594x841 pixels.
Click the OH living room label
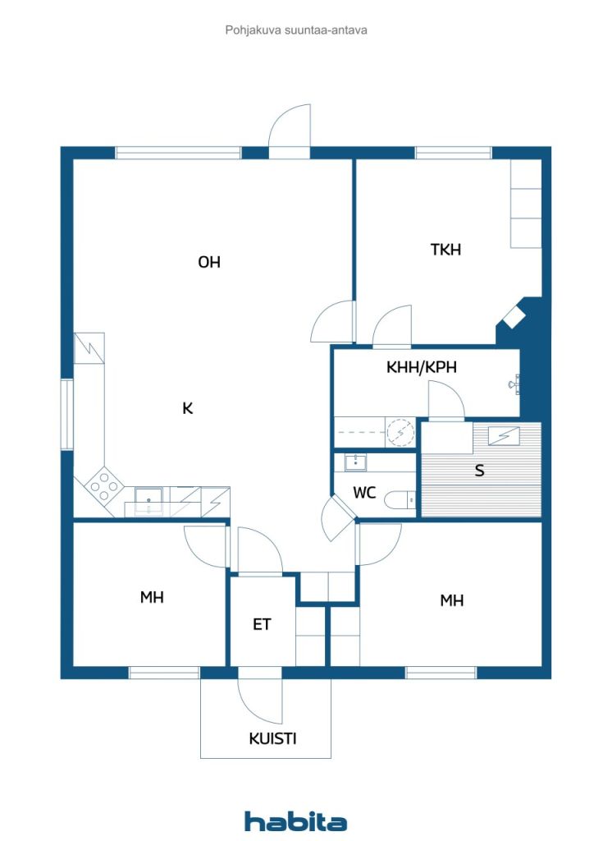(x=209, y=262)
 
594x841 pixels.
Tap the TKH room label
(x=445, y=250)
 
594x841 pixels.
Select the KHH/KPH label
(x=422, y=367)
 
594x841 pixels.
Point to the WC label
(x=364, y=493)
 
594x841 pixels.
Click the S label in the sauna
(x=479, y=471)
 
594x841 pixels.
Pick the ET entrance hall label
(x=262, y=624)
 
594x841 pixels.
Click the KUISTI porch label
(x=272, y=738)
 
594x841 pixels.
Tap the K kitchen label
(x=187, y=409)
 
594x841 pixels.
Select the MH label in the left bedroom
(x=152, y=597)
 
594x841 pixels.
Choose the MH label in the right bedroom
(x=451, y=600)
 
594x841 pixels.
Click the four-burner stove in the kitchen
(x=104, y=485)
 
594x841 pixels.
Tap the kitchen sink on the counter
(x=148, y=500)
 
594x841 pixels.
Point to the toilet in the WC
(x=401, y=500)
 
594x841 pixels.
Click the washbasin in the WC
(x=355, y=462)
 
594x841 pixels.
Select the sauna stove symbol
(x=504, y=435)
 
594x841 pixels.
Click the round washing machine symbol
(x=400, y=432)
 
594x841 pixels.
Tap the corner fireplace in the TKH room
(x=513, y=316)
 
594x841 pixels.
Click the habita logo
(x=295, y=821)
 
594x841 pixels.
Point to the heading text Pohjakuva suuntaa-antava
(x=296, y=30)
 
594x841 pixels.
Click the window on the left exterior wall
(x=66, y=414)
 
